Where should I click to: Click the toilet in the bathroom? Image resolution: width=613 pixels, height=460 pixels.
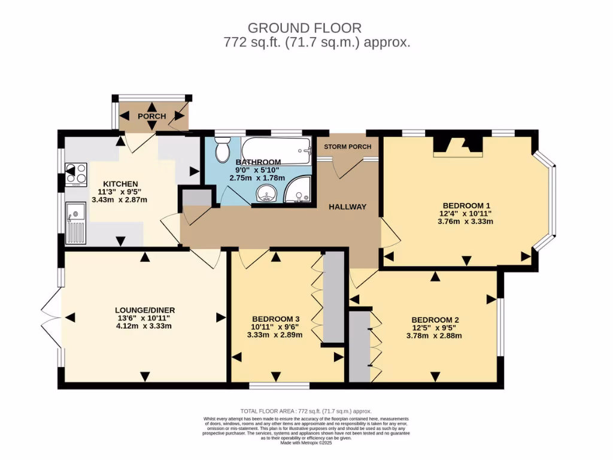223,150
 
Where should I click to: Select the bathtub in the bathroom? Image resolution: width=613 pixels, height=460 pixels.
277,150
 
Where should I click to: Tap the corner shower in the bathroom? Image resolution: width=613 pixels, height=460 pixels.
298,191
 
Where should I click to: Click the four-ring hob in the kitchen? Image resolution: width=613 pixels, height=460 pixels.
76,173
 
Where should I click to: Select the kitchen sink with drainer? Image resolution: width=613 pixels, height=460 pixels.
75,223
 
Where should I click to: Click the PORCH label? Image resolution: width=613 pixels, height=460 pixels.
151,116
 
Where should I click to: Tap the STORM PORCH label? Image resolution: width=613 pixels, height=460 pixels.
347,147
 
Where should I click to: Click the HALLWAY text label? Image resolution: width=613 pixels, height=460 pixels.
347,207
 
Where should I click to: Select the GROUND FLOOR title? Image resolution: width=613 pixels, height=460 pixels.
305,28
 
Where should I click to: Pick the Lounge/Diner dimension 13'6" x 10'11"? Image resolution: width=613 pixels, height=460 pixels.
144,318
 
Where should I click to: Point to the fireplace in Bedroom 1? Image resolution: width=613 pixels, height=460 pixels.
457,146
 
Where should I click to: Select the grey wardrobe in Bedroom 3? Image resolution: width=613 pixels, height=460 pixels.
333,297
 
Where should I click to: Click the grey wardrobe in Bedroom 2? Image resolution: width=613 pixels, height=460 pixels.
359,346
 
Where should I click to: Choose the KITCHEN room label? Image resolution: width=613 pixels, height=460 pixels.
120,183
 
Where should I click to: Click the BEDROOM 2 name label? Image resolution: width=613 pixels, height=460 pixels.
435,319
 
